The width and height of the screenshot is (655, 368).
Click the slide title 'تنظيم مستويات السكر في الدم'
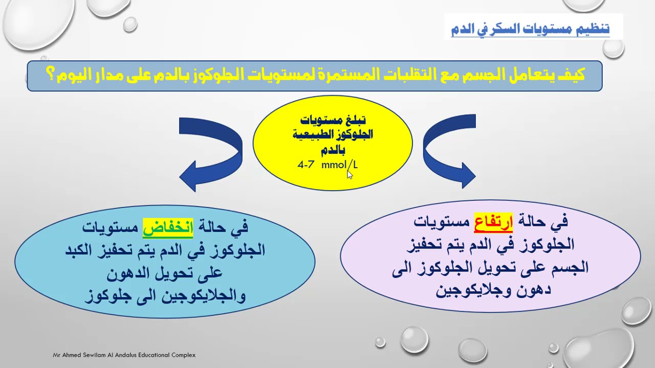click(x=530, y=28)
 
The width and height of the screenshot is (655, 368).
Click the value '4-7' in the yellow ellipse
click(x=305, y=165)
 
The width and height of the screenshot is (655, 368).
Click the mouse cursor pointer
click(x=350, y=174)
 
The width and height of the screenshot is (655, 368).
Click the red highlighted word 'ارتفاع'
click(x=493, y=222)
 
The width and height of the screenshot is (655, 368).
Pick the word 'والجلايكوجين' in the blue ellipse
click(x=205, y=295)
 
